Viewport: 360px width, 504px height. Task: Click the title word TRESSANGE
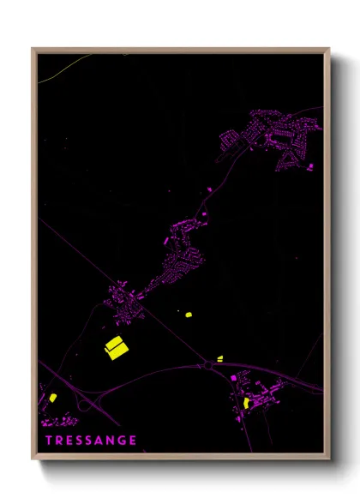point(92,440)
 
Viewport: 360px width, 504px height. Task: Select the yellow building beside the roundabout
point(219,357)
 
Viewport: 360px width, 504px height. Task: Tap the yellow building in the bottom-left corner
point(51,396)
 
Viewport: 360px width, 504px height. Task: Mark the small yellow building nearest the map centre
point(188,315)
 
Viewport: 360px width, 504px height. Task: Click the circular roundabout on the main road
point(207,366)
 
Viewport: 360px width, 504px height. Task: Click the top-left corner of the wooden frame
point(33,49)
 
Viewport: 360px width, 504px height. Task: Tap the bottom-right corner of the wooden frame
point(328,459)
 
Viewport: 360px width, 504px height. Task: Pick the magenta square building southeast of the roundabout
point(232,377)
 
